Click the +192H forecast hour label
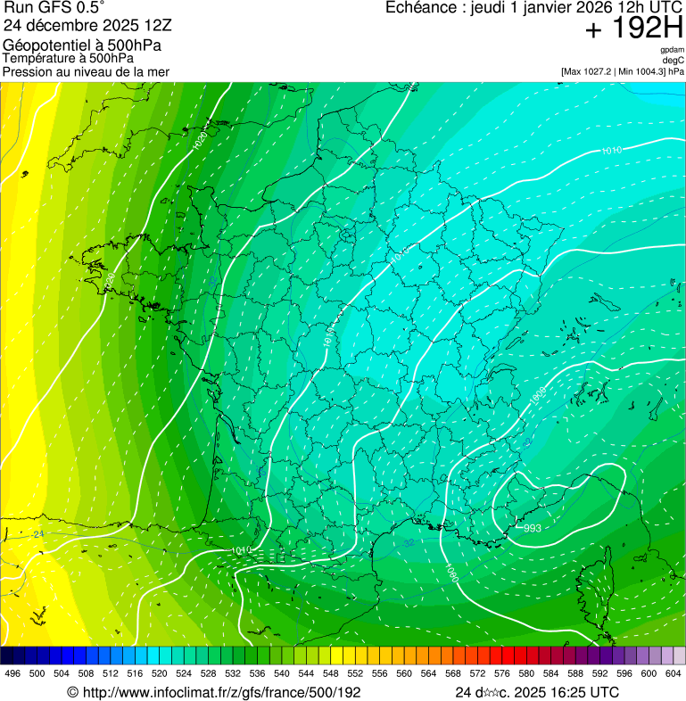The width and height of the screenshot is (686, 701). [634, 29]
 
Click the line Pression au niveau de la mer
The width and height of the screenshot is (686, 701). [86, 71]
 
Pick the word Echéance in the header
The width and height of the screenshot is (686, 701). [422, 8]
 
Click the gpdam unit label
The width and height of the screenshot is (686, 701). [673, 50]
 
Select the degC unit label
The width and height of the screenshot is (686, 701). [674, 60]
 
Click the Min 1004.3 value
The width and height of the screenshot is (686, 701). [640, 70]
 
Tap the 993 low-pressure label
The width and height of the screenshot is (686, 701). [532, 528]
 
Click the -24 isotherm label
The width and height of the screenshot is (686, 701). [37, 534]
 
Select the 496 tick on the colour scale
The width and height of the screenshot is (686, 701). [12, 673]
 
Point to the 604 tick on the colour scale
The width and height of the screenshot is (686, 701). [674, 673]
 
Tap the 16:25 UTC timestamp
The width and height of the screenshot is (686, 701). [581, 692]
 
